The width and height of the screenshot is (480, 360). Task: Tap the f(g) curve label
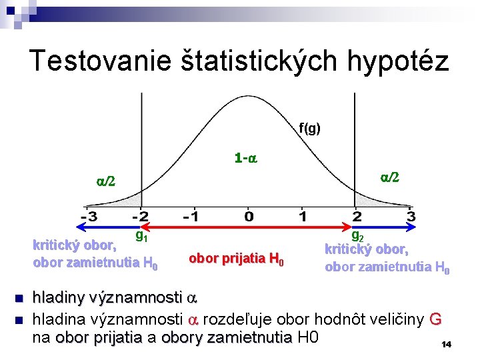point(309,128)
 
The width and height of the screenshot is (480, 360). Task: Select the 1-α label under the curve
point(246,159)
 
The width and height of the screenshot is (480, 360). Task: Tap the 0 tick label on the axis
point(248,217)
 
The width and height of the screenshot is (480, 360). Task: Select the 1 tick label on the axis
point(302,217)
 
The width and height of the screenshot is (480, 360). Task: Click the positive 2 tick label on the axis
point(357,217)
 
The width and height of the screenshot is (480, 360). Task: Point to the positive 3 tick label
point(410,217)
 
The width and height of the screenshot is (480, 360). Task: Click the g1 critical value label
point(141,235)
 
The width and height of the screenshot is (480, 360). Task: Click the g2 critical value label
point(357,235)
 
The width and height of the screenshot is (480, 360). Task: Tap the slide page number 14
point(447,344)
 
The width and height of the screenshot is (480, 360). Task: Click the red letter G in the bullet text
point(435,319)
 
